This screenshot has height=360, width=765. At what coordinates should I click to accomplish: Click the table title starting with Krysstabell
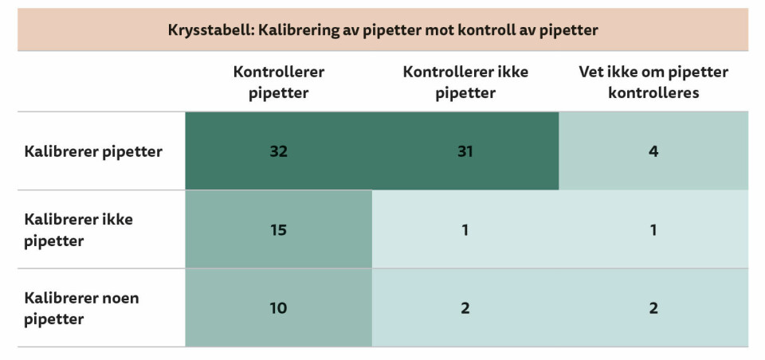[x=382, y=30]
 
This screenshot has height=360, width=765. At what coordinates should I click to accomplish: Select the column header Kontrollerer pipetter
[x=278, y=82]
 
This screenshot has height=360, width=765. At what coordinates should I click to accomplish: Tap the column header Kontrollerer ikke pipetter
[x=465, y=82]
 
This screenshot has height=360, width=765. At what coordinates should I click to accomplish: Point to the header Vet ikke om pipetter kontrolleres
[x=653, y=82]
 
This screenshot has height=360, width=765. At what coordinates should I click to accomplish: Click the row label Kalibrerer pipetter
[x=93, y=151]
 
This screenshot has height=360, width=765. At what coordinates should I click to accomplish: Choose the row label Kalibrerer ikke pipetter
[x=78, y=229]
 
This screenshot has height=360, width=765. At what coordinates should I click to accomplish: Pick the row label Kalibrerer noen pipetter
[x=80, y=308]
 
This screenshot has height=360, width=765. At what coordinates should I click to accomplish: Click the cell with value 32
[x=278, y=151]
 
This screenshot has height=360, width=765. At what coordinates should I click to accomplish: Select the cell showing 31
[x=465, y=151]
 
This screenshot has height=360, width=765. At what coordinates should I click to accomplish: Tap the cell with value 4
[x=653, y=151]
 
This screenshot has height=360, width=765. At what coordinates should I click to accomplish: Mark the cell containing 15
[x=278, y=230]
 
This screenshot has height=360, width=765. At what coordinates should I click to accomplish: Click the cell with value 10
[x=278, y=308]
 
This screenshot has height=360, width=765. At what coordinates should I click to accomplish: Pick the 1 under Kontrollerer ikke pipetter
[x=465, y=230]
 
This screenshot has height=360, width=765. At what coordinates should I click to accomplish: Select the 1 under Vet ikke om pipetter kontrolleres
[x=653, y=230]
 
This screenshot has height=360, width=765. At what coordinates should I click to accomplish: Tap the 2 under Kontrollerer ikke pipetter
[x=465, y=308]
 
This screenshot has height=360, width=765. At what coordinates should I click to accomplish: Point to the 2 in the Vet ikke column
[x=653, y=308]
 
